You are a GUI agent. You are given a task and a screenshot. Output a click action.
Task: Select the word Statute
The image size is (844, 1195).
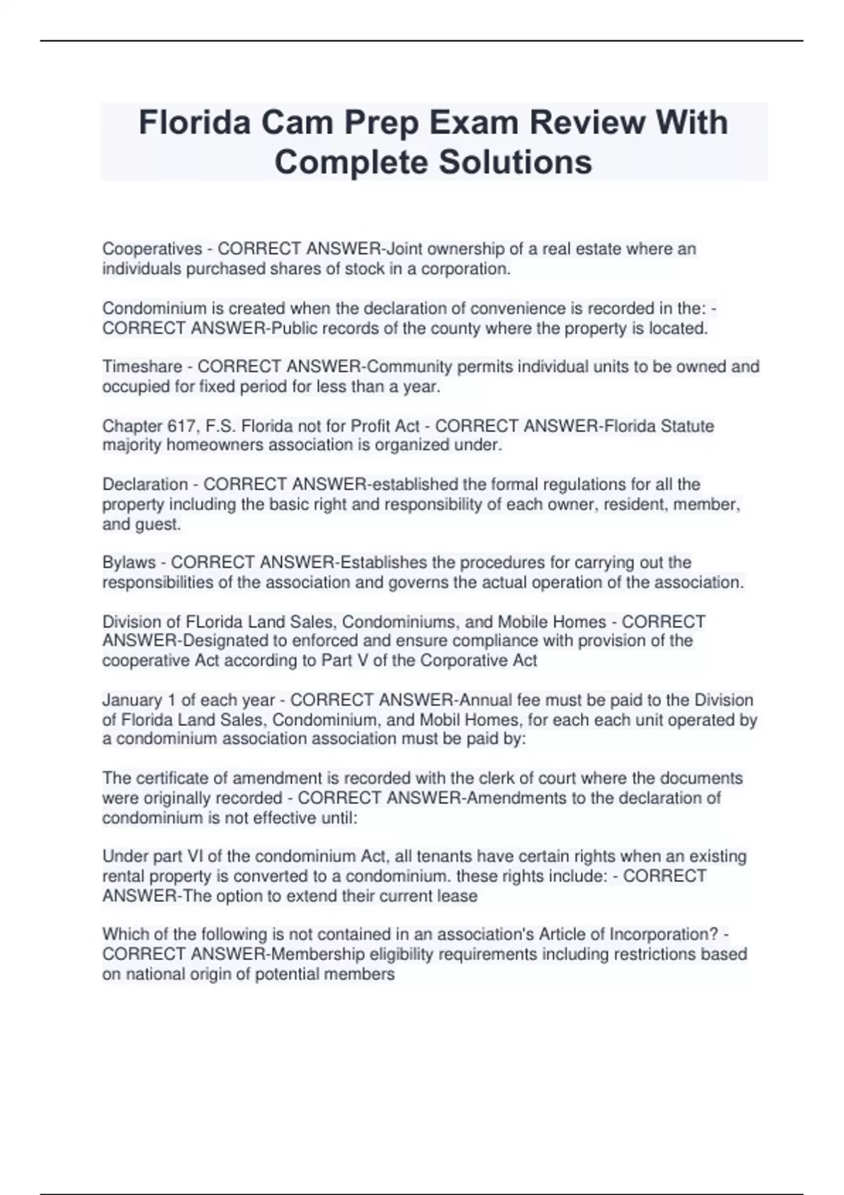click(x=687, y=426)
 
